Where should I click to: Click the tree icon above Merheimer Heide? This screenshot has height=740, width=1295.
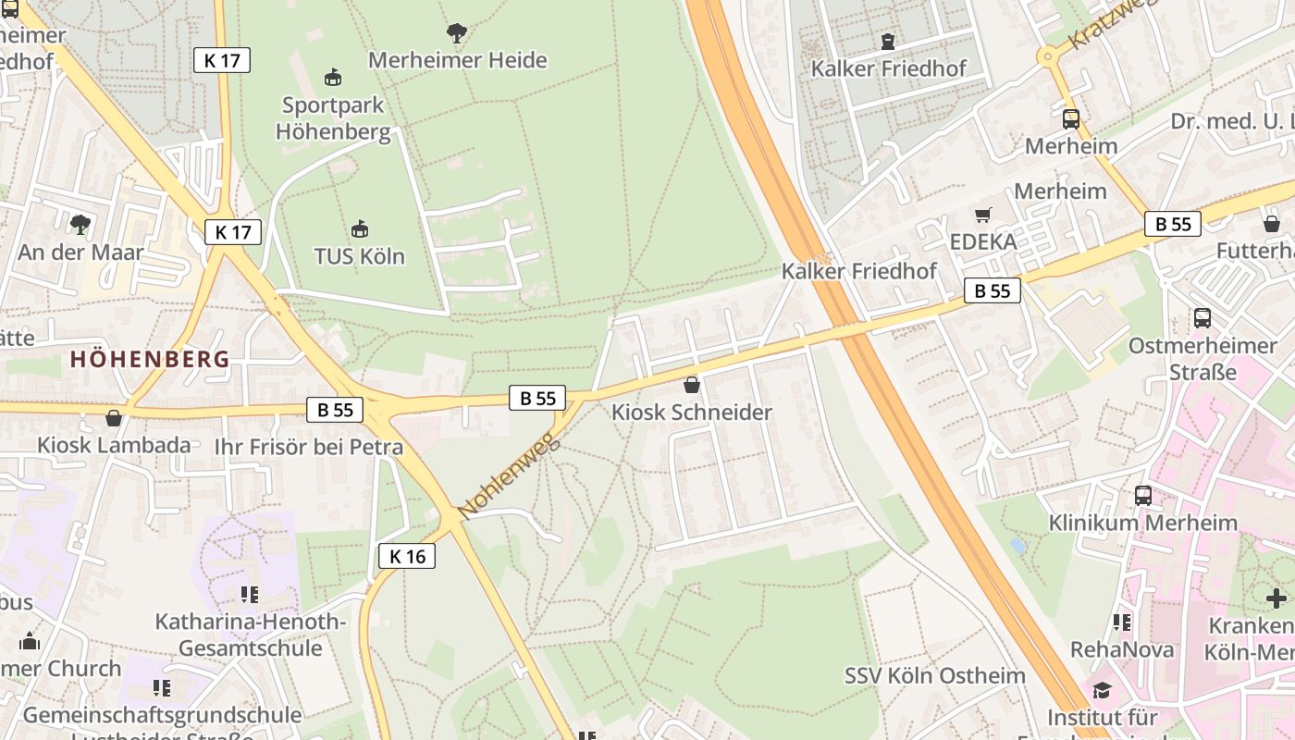click(x=456, y=33)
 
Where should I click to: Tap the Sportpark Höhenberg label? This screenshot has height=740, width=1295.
click(x=333, y=118)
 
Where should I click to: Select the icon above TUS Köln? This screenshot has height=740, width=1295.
click(x=360, y=228)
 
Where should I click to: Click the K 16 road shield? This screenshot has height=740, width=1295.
click(x=406, y=556)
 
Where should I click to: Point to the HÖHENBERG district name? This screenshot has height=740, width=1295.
click(x=150, y=359)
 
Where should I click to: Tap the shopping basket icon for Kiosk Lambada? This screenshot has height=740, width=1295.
click(x=114, y=418)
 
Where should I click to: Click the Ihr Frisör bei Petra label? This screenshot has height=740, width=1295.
click(x=309, y=448)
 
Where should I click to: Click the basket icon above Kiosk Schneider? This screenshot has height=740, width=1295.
click(x=691, y=385)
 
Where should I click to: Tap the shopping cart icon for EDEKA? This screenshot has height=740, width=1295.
click(x=982, y=215)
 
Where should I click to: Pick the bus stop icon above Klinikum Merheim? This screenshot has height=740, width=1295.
click(x=1143, y=495)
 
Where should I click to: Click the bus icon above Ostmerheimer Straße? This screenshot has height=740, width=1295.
click(x=1202, y=318)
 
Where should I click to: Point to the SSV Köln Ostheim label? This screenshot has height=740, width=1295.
click(x=934, y=675)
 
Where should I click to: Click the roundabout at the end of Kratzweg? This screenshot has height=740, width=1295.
click(x=1047, y=56)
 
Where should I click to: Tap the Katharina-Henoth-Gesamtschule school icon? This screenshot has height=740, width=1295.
click(x=249, y=594)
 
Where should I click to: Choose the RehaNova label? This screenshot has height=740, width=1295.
click(x=1122, y=649)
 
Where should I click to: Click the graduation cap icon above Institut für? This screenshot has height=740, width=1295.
click(x=1102, y=690)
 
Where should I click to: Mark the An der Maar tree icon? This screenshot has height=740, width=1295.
click(x=80, y=224)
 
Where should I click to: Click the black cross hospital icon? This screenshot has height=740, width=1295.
click(x=1276, y=598)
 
